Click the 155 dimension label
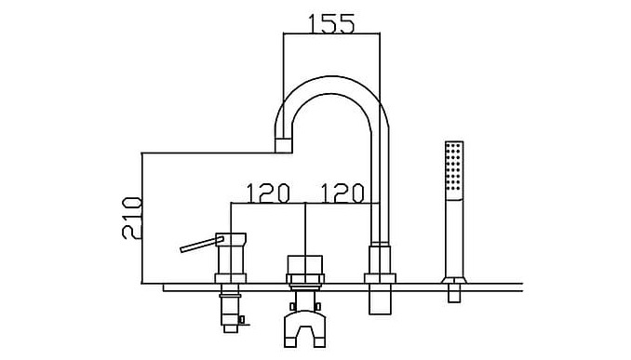tap(331, 24)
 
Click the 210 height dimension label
tap(132, 218)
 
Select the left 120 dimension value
tap(268, 193)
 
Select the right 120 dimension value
tap(342, 193)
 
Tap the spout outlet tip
tap(283, 145)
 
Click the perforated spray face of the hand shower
tap(454, 170)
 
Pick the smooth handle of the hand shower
tap(454, 238)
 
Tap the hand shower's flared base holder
tap(454, 280)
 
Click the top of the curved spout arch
tap(331, 86)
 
